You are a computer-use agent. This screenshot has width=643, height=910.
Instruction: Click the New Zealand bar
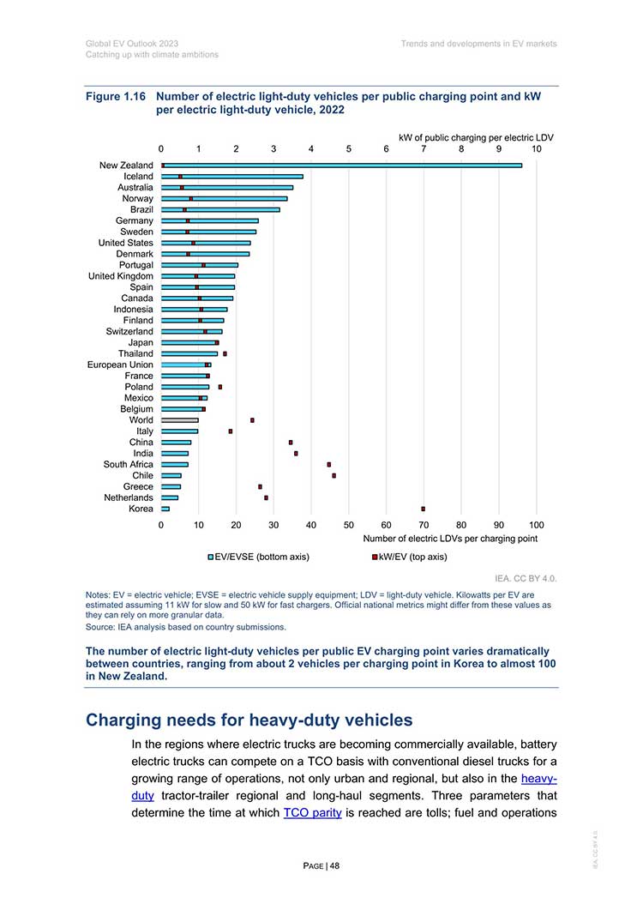pos(341,166)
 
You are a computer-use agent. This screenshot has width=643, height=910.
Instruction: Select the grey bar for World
pos(180,420)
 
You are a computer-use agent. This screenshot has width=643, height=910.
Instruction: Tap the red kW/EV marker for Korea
pos(423,509)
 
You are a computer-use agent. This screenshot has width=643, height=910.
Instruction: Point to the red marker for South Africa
pos(329,465)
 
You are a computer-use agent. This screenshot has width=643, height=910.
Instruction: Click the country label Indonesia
pos(134,310)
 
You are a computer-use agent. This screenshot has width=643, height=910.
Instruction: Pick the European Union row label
pos(120,365)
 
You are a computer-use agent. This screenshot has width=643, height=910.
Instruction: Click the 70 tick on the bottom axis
pos(424,525)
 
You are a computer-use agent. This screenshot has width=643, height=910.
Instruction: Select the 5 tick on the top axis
pos(349,149)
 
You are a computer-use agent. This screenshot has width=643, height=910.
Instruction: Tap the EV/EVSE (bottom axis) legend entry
pos(259,557)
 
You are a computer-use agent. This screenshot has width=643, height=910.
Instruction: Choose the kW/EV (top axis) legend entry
pos(410,557)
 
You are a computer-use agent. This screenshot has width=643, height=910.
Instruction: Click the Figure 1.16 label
pos(116,96)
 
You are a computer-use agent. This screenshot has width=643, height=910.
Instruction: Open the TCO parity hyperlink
pos(312,812)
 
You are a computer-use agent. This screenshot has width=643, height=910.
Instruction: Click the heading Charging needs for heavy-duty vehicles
pos(249,720)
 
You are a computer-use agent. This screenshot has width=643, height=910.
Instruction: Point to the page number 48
pos(335,866)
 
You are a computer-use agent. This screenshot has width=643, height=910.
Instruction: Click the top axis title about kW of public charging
pos(476,138)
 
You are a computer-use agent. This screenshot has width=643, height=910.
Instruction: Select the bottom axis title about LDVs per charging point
pos(450,539)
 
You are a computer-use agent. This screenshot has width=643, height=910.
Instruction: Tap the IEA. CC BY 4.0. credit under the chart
pos(526,579)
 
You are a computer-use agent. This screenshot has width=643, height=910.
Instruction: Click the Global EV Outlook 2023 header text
pos(132,44)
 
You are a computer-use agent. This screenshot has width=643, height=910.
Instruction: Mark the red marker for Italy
pos(231,431)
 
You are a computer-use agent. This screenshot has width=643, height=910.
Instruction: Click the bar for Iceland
pos(232,177)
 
